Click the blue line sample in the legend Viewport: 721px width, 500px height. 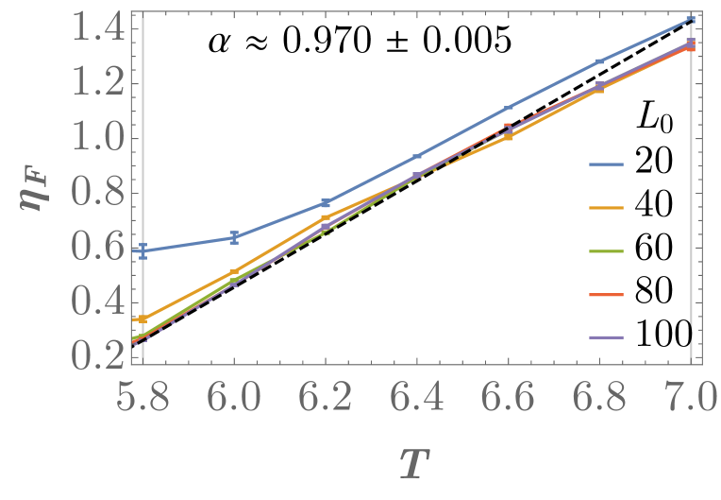click(608, 164)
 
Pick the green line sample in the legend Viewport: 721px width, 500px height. click(608, 251)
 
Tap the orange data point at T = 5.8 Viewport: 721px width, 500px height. click(142, 319)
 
